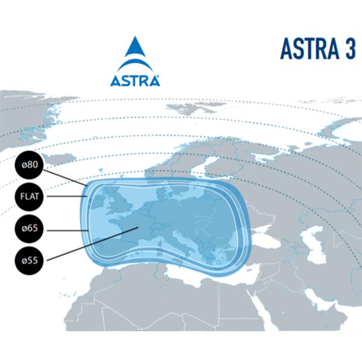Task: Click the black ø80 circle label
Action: [x=30, y=164]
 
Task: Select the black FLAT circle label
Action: [x=30, y=196]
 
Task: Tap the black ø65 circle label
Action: [x=30, y=229]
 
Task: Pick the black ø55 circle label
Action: [x=30, y=261]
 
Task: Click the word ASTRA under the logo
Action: [x=135, y=81]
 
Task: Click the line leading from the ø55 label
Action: [x=91, y=244]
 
